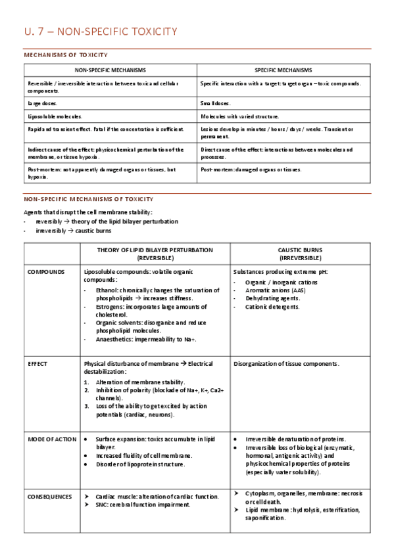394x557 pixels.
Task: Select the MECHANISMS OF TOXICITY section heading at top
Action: click(66, 55)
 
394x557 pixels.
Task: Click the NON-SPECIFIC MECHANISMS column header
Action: click(110, 70)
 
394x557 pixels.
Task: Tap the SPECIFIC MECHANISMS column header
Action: click(283, 70)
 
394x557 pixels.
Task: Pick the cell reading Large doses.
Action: click(42, 103)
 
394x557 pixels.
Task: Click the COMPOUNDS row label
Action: click(46, 271)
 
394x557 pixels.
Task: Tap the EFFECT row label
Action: click(37, 363)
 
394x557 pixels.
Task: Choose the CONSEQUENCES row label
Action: click(49, 497)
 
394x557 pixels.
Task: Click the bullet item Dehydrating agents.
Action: click(272, 298)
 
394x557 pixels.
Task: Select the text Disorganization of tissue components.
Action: click(286, 363)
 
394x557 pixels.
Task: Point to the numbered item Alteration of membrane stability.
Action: click(140, 382)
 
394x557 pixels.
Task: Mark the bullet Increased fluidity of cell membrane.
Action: click(143, 455)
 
